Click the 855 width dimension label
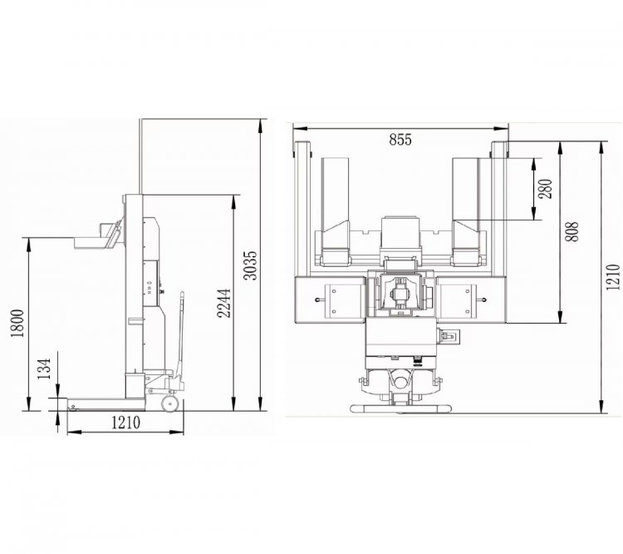tap(400, 140)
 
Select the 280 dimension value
tap(546, 189)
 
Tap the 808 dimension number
tap(571, 231)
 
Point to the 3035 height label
tap(250, 265)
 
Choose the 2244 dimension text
tap(224, 304)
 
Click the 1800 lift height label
tap(17, 323)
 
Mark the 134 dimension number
tap(45, 369)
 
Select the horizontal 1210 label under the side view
tap(125, 423)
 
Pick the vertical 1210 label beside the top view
tap(612, 277)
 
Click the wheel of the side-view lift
tap(170, 404)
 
